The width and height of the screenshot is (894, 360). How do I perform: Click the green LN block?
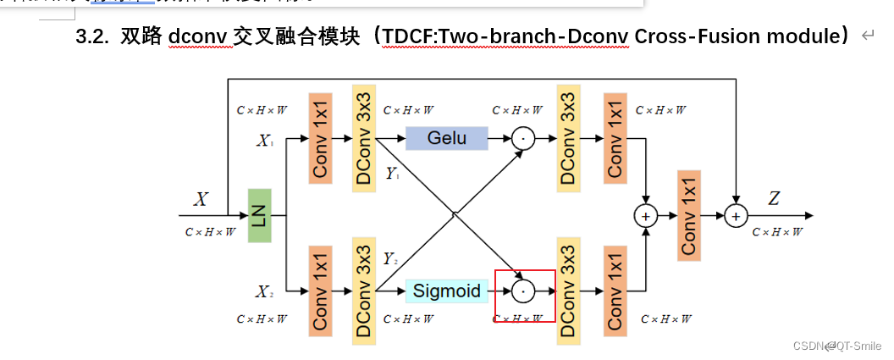[x=259, y=215]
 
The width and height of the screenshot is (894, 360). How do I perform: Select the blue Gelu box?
[x=447, y=138]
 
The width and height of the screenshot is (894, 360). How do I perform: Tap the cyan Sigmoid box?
[x=446, y=291]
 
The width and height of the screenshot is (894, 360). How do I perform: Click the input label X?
[x=201, y=200]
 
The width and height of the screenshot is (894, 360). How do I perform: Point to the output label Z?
[x=774, y=199]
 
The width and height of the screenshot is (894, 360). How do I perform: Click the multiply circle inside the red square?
[x=523, y=291]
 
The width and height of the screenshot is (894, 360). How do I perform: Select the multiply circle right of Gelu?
[x=523, y=138]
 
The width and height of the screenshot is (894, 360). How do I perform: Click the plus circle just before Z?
[x=736, y=216]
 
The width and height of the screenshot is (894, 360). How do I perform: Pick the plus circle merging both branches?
[x=646, y=216]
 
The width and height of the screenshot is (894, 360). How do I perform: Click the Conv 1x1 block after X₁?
[x=320, y=138]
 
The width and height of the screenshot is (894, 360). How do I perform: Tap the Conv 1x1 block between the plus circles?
[x=689, y=215]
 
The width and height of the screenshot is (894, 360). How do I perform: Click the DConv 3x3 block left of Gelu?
[x=364, y=138]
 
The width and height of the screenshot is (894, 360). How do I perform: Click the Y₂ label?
[x=390, y=258]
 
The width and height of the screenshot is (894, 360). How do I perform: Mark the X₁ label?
[x=265, y=141]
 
